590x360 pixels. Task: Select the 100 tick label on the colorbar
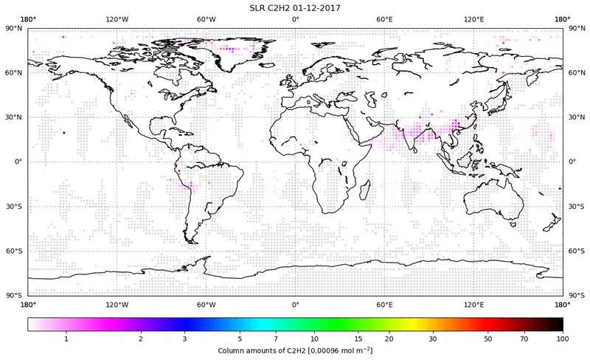click(x=563, y=337)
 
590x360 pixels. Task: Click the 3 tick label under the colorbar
click(x=184, y=337)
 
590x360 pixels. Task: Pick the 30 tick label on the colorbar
click(x=433, y=337)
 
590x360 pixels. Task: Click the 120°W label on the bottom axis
click(x=117, y=304)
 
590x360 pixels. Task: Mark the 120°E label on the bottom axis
click(x=473, y=304)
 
